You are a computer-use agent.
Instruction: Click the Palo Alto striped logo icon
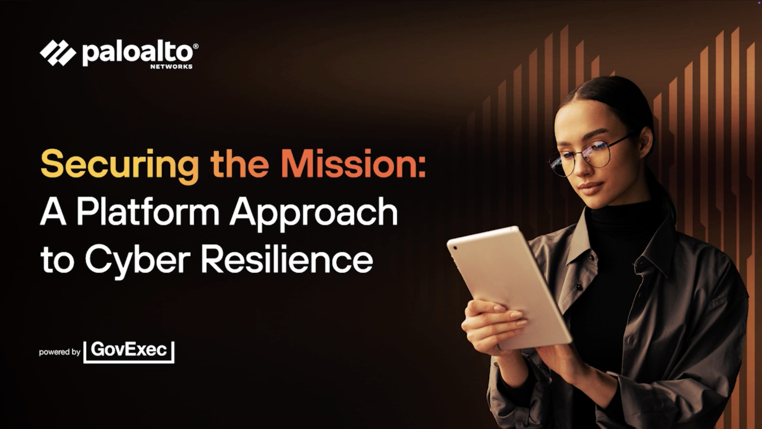58,53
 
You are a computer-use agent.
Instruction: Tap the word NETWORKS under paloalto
171,67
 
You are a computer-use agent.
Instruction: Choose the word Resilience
287,259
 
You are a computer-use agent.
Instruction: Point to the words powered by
60,352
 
